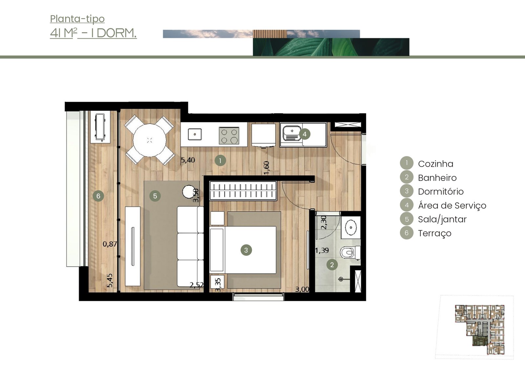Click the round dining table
(x=150, y=140)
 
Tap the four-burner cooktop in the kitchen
(x=229, y=135)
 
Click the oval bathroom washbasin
(x=351, y=227)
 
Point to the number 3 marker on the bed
(x=246, y=250)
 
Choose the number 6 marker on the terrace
(x=98, y=196)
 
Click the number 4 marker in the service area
(x=304, y=134)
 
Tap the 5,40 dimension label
(x=188, y=160)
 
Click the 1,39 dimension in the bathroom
(x=322, y=251)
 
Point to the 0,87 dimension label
(x=110, y=244)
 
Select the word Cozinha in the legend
(x=435, y=164)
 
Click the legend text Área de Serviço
(x=452, y=206)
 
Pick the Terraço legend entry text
(x=434, y=233)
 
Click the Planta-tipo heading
(x=77, y=19)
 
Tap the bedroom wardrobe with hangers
(x=243, y=191)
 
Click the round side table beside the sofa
(x=189, y=192)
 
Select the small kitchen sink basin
(x=195, y=134)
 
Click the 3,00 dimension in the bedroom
(x=302, y=289)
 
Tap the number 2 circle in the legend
(x=407, y=177)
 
